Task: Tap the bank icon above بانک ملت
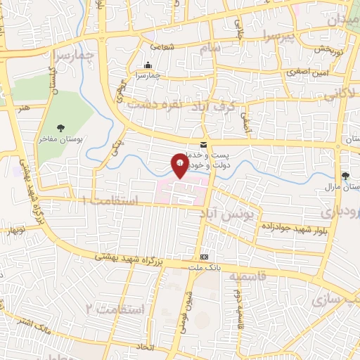pyautogui.click(x=204, y=258)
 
